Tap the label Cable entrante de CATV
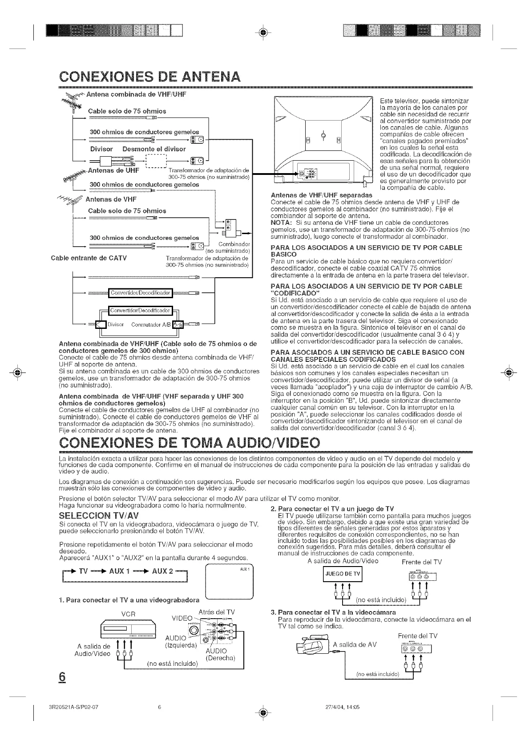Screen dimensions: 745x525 (x=89, y=257)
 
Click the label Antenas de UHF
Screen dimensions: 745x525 (x=113, y=170)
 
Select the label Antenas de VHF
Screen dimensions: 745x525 (x=111, y=199)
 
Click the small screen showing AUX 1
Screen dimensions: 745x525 (x=229, y=581)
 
